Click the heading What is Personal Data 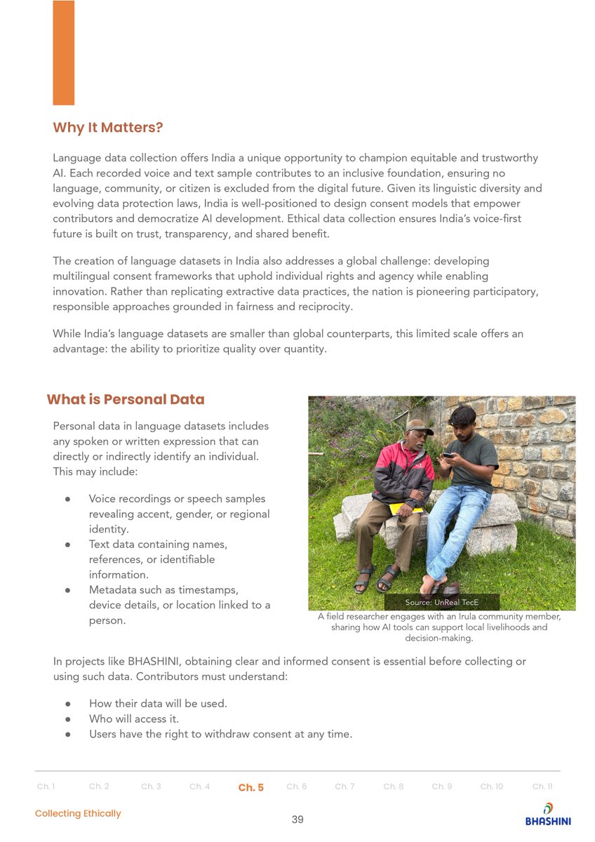click(126, 399)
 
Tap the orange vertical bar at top click(63, 53)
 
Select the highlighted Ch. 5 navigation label click(250, 787)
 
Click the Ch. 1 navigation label click(46, 787)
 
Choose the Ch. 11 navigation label click(542, 787)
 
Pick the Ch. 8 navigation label click(393, 787)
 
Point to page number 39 click(297, 820)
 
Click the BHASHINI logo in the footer click(548, 814)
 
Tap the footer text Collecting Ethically click(78, 813)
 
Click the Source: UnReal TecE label click(441, 603)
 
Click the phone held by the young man click(448, 455)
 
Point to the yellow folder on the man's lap click(405, 507)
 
